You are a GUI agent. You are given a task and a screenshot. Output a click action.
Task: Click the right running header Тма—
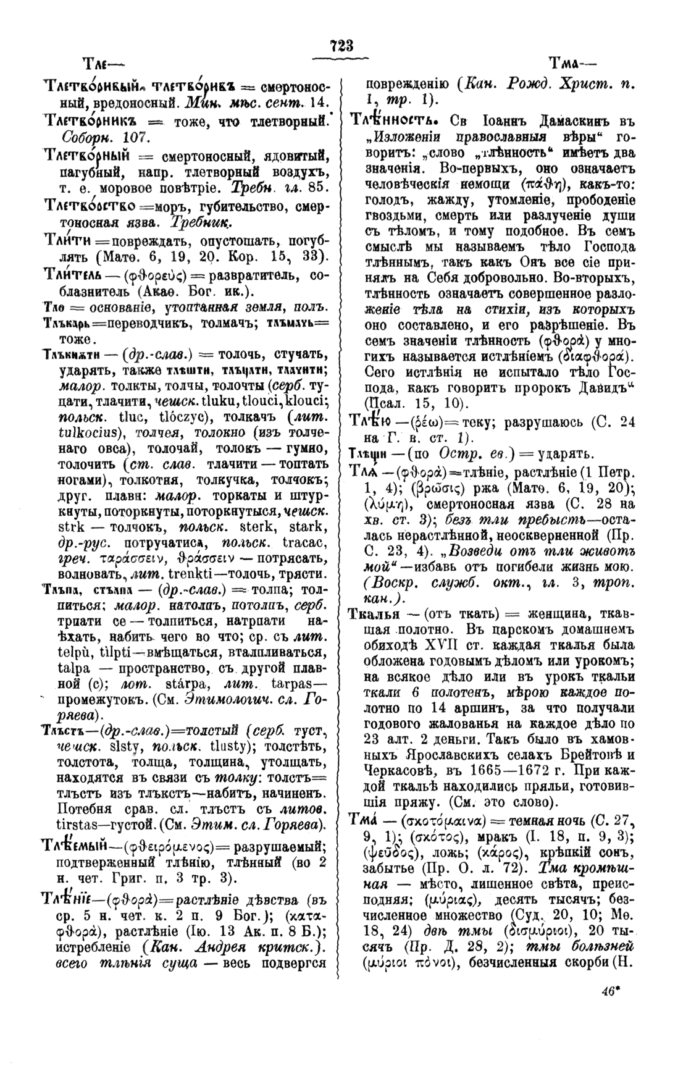[572, 64]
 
